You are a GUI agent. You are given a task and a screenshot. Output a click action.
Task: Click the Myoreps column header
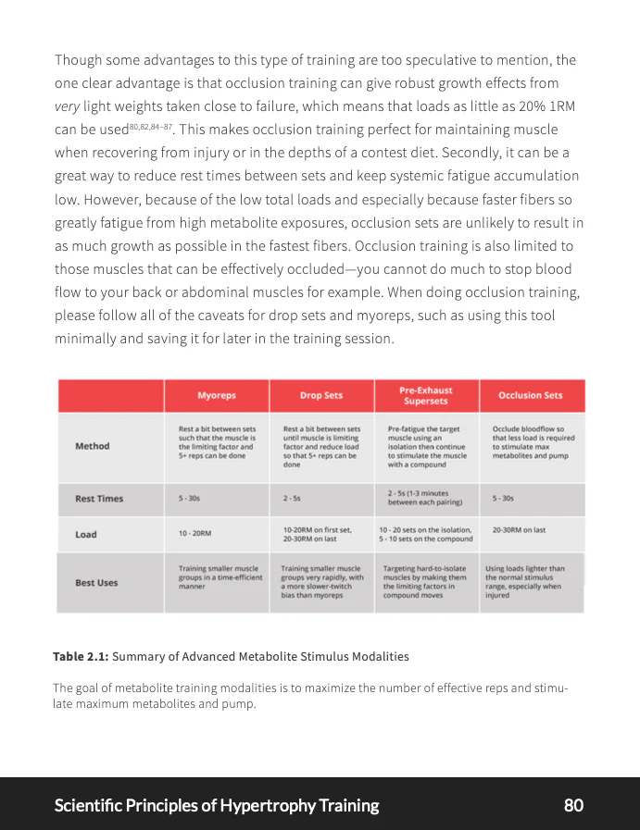(x=217, y=395)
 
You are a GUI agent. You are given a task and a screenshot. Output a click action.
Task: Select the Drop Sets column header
(x=321, y=395)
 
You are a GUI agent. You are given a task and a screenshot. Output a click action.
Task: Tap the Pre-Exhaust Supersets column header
(x=426, y=395)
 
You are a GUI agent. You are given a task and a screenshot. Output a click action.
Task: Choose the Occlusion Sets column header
(x=531, y=395)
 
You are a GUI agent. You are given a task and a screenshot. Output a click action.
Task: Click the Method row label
(x=92, y=446)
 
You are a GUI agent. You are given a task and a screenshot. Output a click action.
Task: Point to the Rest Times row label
(x=98, y=499)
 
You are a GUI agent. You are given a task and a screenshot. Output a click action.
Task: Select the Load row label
(x=87, y=534)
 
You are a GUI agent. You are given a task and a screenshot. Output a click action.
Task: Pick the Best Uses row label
(x=96, y=583)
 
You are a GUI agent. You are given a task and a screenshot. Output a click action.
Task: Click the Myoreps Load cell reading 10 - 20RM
(x=195, y=534)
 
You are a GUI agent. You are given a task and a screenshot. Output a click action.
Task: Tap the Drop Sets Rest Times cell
(x=292, y=499)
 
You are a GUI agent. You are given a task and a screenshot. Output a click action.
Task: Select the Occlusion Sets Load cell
(x=519, y=530)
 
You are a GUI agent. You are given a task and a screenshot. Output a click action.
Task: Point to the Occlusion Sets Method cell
(x=533, y=442)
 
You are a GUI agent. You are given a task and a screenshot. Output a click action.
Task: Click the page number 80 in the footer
(x=573, y=805)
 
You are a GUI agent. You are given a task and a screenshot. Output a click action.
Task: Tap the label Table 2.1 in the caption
(x=81, y=656)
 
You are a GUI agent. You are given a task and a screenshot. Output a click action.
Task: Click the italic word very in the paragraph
(x=68, y=106)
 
